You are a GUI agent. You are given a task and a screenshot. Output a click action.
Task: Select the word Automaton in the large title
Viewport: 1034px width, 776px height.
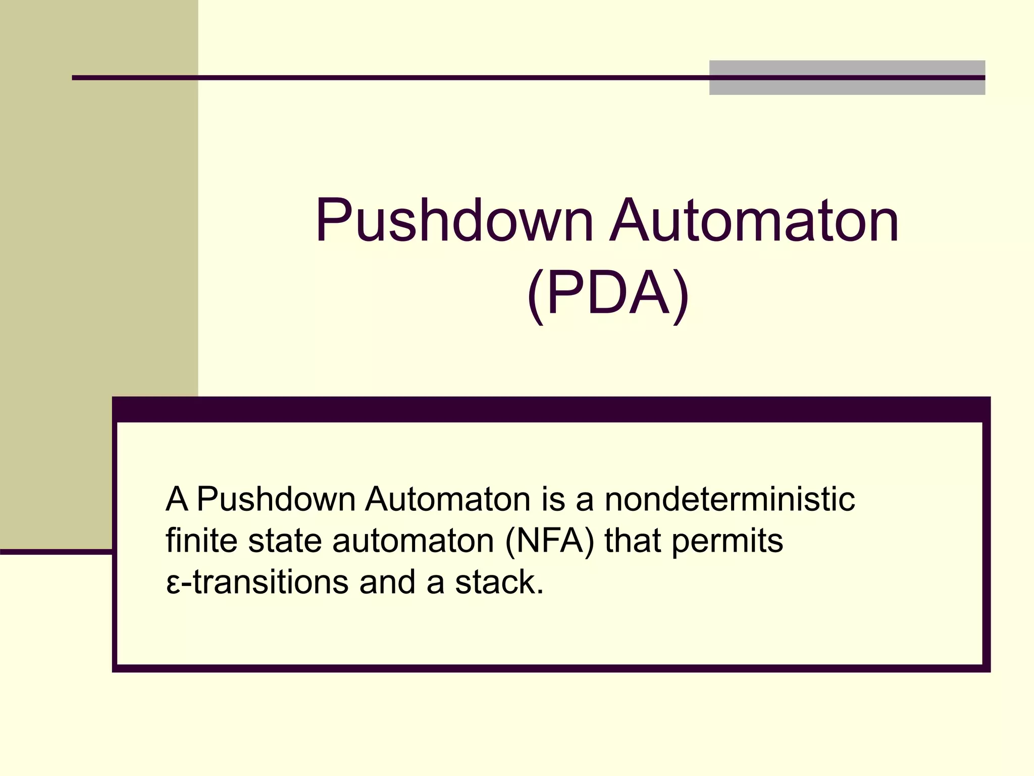754,221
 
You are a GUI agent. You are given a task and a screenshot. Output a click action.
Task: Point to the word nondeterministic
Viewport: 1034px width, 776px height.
730,499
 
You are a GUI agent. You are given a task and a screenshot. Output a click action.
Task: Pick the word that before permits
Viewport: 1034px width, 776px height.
633,541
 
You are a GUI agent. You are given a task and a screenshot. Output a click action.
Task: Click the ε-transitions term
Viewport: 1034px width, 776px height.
256,582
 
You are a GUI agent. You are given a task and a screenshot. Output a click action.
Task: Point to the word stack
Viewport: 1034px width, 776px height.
499,582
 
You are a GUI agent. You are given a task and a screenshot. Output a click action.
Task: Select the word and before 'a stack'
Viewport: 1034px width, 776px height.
387,582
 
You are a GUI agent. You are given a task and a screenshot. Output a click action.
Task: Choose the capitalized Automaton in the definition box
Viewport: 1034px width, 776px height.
447,499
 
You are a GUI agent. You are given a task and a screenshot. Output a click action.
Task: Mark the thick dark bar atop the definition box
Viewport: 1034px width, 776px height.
550,409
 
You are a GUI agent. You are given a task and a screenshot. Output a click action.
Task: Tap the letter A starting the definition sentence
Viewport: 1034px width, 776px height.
177,499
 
